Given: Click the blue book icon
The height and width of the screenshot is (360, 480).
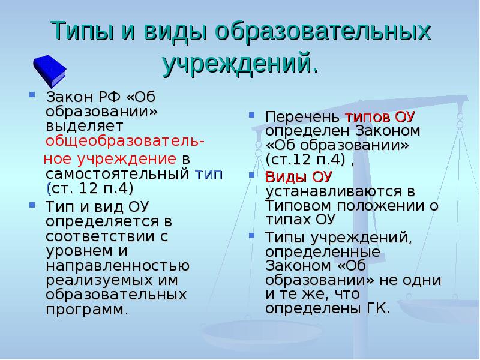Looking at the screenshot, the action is (50, 71).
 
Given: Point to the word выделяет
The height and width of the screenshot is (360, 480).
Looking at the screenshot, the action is (85, 126).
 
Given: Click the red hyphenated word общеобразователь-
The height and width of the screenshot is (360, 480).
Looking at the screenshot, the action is (125, 142).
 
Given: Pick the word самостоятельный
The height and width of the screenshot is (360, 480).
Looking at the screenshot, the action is (118, 174).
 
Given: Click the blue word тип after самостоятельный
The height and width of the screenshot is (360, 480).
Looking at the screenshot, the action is (209, 175).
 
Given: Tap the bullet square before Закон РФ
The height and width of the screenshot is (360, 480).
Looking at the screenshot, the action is (32, 94).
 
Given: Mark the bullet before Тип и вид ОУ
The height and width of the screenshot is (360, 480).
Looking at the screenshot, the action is (32, 205).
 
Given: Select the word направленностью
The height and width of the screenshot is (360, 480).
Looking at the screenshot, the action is (118, 266).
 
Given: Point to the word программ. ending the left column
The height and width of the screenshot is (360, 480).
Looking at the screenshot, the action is (86, 310).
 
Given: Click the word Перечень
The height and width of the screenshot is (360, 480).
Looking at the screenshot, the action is (302, 117).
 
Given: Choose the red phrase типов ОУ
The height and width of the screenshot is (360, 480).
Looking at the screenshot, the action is (380, 117).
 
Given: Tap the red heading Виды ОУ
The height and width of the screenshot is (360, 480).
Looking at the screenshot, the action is (299, 176).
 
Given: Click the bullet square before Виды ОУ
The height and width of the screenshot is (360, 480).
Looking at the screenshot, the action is (252, 175).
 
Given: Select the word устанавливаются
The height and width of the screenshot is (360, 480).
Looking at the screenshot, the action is (334, 191).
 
